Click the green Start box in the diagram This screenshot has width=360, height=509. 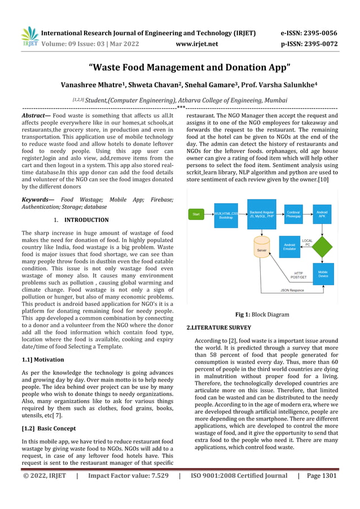point(196,214)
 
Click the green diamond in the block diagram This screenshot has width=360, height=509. point(322,245)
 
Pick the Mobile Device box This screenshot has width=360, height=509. point(323,274)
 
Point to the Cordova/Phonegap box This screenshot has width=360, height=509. point(293,214)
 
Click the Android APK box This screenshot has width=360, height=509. point(322,214)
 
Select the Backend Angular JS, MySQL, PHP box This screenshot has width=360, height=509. point(261,214)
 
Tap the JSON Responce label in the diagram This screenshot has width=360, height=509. point(292,290)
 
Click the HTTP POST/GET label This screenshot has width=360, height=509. point(298,275)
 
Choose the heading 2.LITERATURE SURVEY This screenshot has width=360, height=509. point(218,328)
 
